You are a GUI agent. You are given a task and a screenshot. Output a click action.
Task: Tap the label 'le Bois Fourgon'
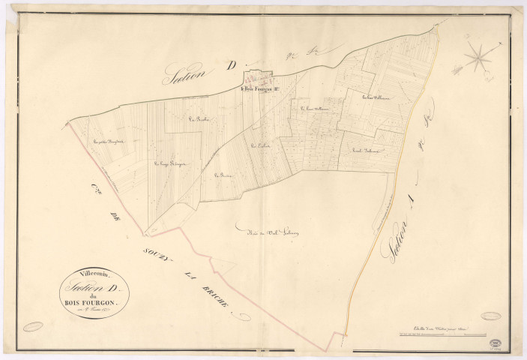(261, 91)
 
